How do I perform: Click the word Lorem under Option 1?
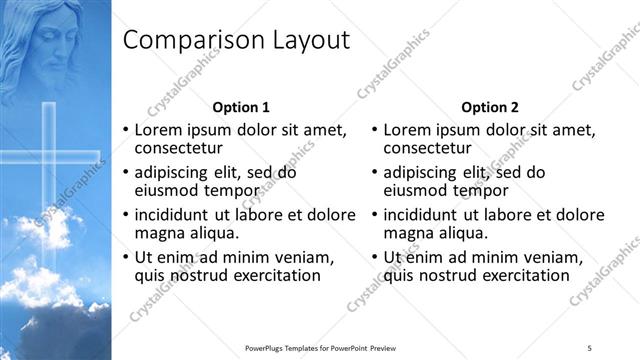(159, 130)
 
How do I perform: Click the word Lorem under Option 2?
(408, 130)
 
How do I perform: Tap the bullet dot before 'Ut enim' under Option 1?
(125, 258)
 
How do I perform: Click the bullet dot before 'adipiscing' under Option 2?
(374, 172)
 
